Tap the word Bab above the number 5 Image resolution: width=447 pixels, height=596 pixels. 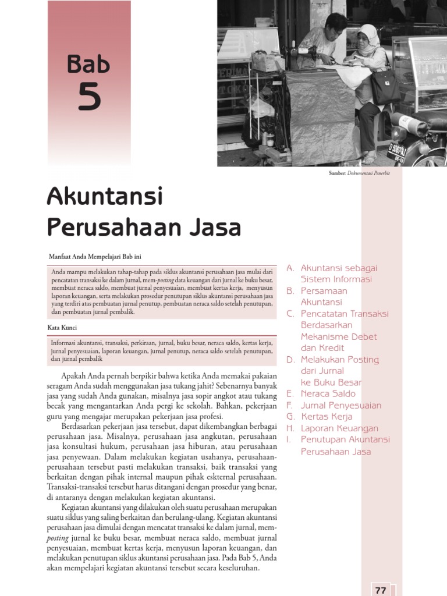click(x=88, y=63)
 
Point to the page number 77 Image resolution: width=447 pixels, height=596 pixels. click(x=381, y=590)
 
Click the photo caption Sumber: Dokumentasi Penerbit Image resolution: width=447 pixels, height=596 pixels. click(x=359, y=173)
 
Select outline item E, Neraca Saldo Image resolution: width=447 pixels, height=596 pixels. click(x=328, y=394)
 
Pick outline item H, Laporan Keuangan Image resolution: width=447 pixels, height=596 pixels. click(x=339, y=428)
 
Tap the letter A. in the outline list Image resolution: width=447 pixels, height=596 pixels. click(x=290, y=268)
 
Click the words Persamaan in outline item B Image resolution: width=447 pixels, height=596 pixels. click(x=324, y=291)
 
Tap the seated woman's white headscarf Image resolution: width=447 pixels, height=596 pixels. click(x=368, y=38)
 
